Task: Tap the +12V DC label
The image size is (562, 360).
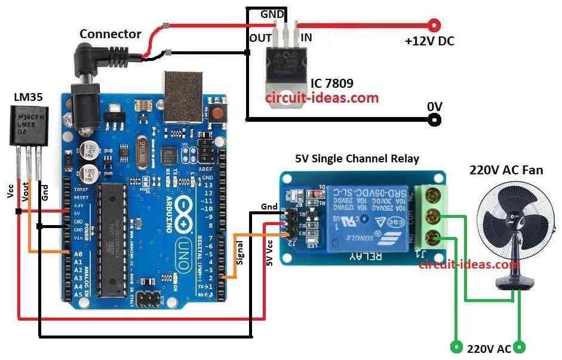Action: click(x=429, y=42)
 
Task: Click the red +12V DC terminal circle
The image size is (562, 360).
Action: click(x=435, y=25)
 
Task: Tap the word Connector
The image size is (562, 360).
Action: click(x=110, y=34)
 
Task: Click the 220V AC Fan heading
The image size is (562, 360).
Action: click(x=506, y=170)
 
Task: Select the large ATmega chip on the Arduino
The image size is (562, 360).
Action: click(x=113, y=239)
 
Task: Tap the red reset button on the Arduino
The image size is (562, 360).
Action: click(x=219, y=112)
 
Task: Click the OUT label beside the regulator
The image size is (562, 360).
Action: click(x=260, y=38)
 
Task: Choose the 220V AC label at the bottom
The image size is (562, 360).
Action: click(x=489, y=349)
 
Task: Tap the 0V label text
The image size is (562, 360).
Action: click(x=434, y=106)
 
